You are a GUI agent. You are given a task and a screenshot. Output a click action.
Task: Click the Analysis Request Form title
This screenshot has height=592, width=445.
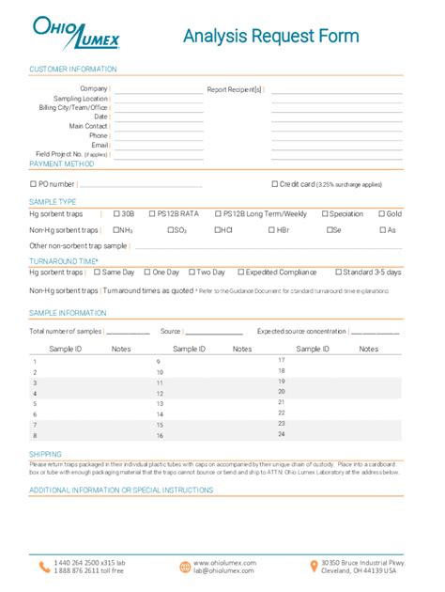tap(271, 37)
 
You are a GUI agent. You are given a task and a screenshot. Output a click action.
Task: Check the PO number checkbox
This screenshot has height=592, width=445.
tap(34, 184)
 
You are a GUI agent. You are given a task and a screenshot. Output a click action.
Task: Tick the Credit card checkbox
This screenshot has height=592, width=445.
tap(274, 184)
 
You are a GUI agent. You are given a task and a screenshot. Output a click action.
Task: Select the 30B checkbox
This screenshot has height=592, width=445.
tap(116, 213)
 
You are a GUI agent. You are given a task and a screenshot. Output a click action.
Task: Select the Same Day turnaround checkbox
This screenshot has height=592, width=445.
tap(97, 272)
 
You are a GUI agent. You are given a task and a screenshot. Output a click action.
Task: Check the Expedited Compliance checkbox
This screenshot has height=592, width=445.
tap(240, 272)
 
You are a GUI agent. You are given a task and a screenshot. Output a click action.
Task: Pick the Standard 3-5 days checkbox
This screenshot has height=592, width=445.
tap(338, 272)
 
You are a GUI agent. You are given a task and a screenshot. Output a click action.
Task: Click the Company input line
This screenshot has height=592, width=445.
tap(157, 89)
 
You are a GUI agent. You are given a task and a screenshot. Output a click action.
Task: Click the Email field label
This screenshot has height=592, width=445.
tap(100, 145)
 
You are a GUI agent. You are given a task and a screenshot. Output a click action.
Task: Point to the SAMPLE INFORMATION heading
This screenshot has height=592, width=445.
tap(69, 312)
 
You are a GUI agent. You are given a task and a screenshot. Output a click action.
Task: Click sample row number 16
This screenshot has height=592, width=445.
tap(160, 436)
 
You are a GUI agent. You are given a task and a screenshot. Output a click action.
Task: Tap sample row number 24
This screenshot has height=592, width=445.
tap(282, 434)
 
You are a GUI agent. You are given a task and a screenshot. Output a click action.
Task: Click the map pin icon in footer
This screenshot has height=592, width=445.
tap(314, 566)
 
